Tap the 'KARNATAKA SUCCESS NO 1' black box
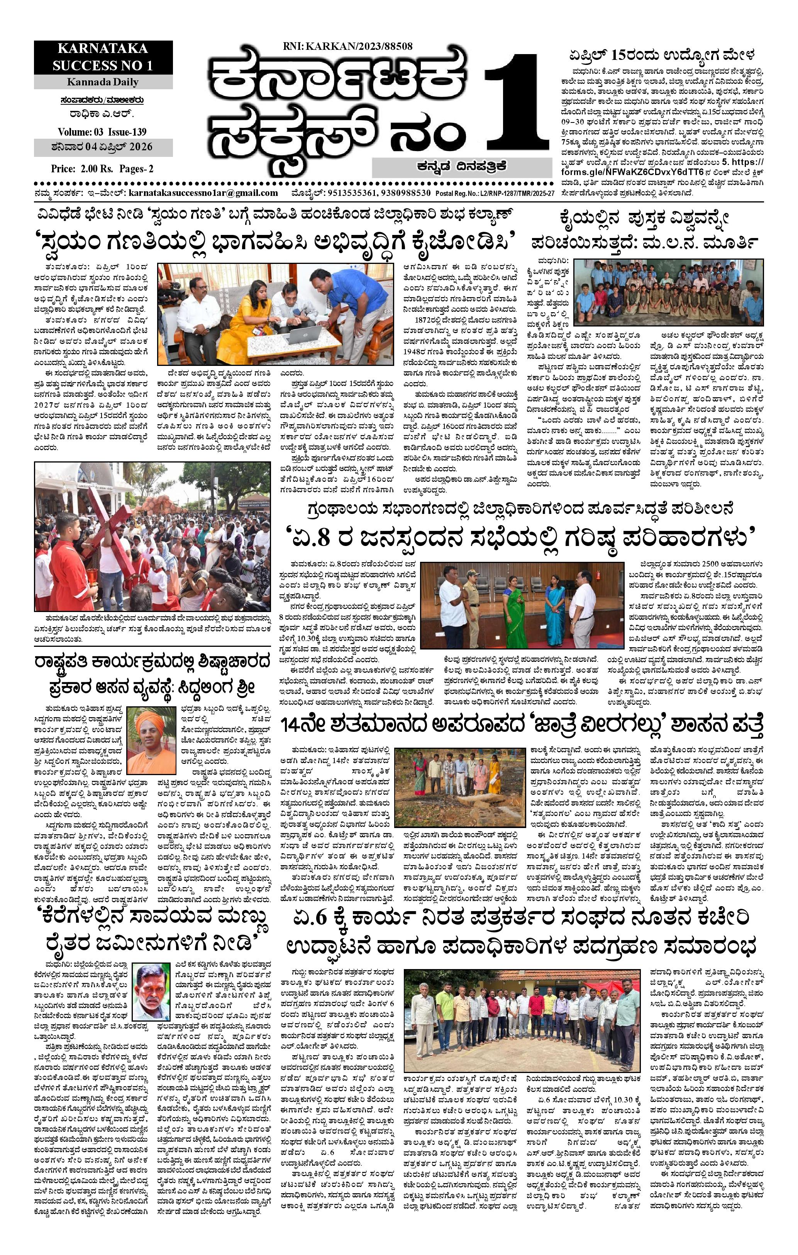click(x=103, y=57)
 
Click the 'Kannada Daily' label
click(x=103, y=82)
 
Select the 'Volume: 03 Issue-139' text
click(x=102, y=131)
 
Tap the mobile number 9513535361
click(x=348, y=193)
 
